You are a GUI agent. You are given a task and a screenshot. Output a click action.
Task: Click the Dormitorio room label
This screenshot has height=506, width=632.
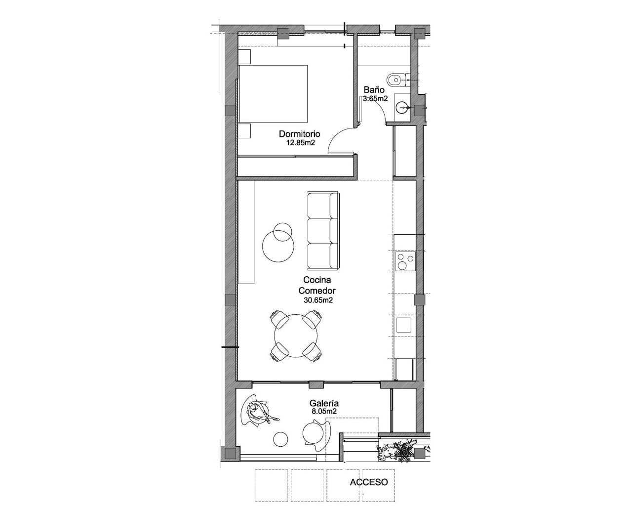(x=300, y=134)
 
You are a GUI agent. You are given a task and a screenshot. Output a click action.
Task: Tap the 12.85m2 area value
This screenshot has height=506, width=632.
(x=300, y=143)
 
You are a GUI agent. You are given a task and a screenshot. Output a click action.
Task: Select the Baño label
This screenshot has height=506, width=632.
(x=374, y=90)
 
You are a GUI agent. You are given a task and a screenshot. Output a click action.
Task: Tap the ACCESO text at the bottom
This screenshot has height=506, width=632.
(x=369, y=482)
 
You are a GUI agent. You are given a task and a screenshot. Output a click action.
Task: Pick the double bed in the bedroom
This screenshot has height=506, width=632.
(x=273, y=94)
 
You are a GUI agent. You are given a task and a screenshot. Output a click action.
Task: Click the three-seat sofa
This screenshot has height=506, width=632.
(x=323, y=229)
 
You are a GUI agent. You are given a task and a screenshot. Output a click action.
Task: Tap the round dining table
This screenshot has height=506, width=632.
(x=296, y=336)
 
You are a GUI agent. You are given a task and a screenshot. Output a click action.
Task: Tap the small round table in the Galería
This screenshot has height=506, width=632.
(x=280, y=439)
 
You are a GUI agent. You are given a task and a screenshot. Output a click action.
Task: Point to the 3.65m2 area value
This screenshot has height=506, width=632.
(x=375, y=98)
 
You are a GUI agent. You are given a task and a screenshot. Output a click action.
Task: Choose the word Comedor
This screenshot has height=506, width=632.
(x=316, y=291)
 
